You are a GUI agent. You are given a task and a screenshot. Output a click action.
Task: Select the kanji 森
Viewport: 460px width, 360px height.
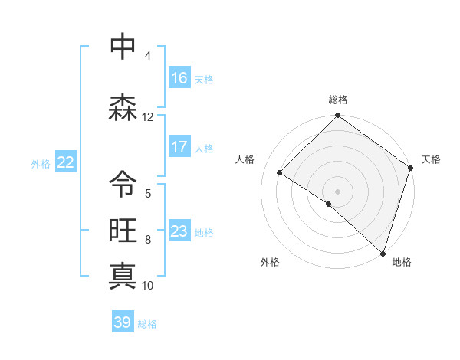(123, 107)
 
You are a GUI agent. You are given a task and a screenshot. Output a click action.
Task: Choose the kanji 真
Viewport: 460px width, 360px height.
(123, 275)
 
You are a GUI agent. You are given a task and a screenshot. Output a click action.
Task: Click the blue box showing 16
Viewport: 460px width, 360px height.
(179, 78)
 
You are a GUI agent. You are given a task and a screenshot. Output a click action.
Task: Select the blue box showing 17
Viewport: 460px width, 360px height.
(179, 147)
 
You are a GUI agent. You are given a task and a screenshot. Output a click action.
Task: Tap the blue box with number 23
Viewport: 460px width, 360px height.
(179, 231)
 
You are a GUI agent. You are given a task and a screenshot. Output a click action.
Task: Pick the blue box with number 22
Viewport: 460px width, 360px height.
(66, 162)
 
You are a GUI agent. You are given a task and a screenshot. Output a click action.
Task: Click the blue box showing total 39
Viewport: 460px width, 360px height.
(123, 322)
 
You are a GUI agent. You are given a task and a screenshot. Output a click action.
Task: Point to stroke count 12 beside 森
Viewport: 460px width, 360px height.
(147, 117)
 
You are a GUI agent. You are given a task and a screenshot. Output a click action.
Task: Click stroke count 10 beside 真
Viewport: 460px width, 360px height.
(147, 286)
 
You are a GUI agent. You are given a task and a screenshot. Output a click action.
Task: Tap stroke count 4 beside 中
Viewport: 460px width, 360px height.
(147, 56)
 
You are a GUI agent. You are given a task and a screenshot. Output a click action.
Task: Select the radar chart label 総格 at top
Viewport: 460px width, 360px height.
(338, 100)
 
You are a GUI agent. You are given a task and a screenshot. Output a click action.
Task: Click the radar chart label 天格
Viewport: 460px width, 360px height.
(431, 159)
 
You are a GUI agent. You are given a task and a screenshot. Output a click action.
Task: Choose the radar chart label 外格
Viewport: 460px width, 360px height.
(270, 262)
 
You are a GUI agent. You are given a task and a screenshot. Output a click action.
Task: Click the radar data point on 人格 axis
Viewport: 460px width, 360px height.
(280, 173)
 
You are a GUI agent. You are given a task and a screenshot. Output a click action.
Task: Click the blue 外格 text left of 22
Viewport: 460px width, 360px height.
(41, 163)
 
